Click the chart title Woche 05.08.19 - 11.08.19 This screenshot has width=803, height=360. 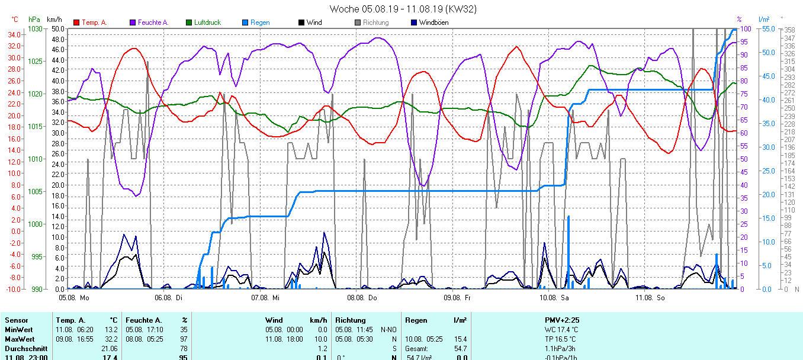click(403, 9)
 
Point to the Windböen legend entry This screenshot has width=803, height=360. click(433, 22)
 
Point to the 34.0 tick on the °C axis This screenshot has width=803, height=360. click(15, 34)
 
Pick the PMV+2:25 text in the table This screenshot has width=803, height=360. click(562, 320)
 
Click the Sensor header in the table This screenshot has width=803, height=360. click(16, 320)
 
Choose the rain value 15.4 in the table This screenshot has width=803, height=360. click(460, 339)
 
